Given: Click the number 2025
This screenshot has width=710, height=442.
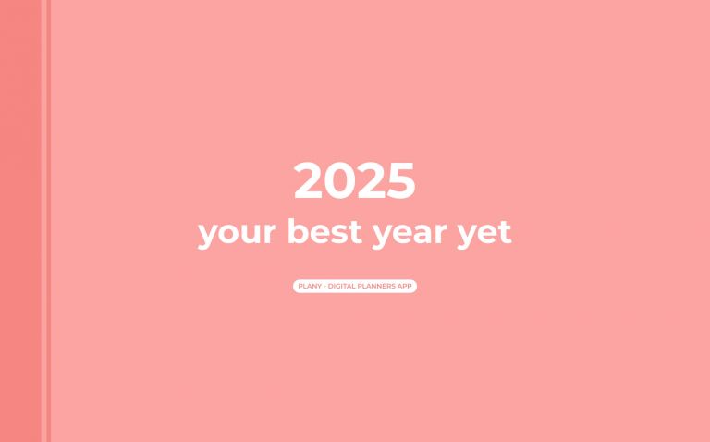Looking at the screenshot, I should click(x=355, y=181).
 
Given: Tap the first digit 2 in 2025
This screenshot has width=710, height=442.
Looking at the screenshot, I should click(x=309, y=181).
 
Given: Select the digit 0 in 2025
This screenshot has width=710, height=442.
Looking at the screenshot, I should click(x=340, y=181).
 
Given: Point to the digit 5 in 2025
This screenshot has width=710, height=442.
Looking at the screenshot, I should click(x=401, y=181).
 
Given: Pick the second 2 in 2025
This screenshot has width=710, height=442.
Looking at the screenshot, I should click(x=371, y=181).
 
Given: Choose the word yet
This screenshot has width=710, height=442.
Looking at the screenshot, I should click(x=485, y=233).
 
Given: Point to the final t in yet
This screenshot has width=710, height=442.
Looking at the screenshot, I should click(x=505, y=232).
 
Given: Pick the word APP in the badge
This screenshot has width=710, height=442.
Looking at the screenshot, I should click(x=404, y=287).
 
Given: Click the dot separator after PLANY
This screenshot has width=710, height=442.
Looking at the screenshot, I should click(x=324, y=287).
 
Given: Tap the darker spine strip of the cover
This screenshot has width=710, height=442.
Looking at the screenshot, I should click(x=20, y=221).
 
